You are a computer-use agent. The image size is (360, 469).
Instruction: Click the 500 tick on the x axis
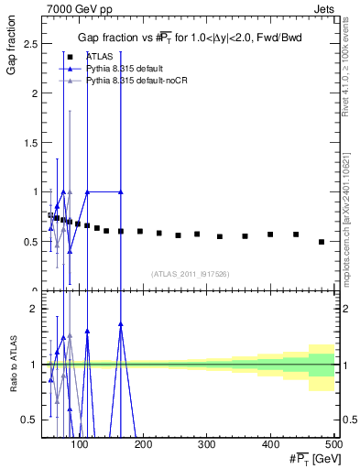coord(333,446)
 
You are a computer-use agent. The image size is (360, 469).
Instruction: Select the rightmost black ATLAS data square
coord(321,242)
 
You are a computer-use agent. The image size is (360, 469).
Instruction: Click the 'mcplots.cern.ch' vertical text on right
coord(352,247)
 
